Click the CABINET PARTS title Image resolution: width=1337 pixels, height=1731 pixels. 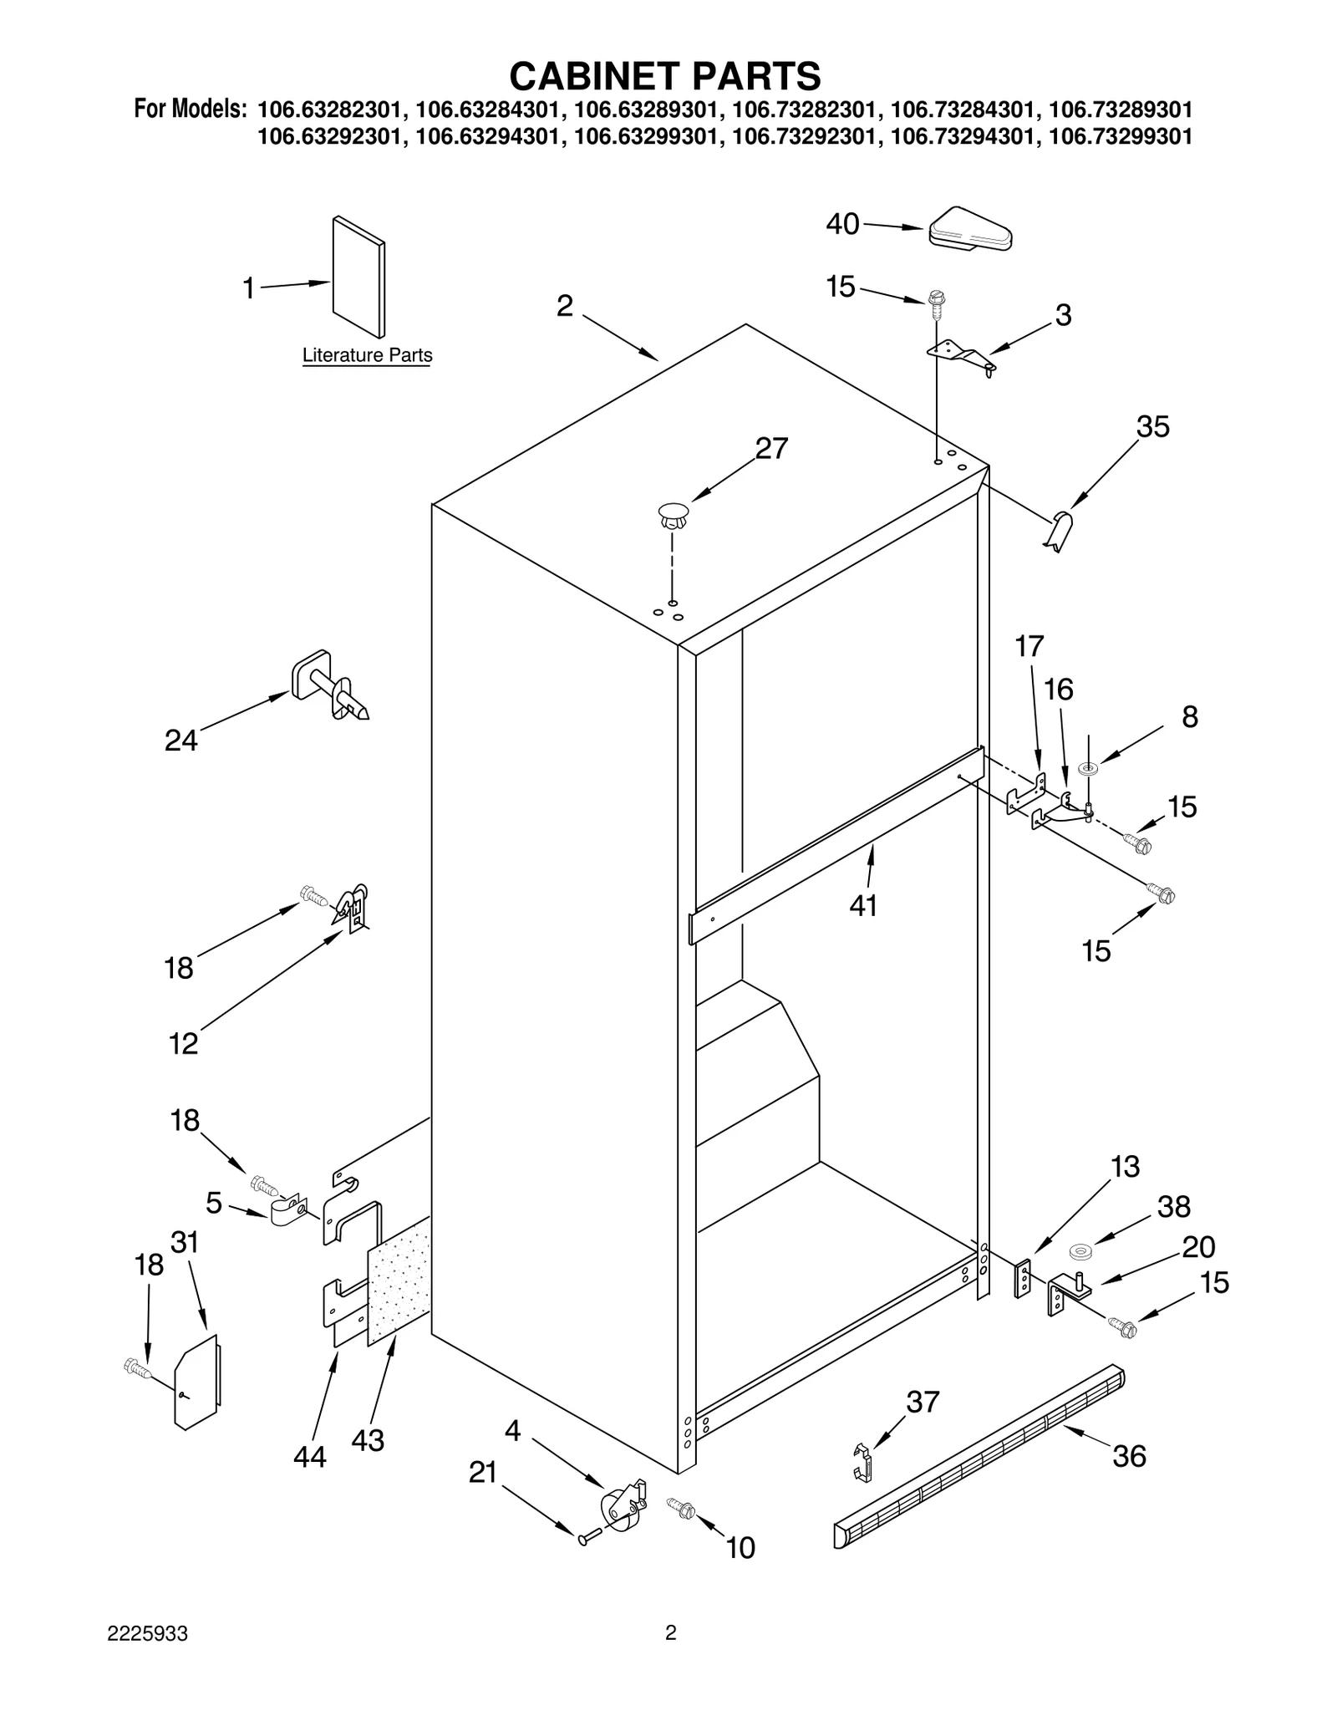click(x=665, y=76)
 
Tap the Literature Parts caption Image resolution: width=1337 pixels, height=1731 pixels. click(x=367, y=355)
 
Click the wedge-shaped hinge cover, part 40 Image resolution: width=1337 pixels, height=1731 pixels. click(x=970, y=228)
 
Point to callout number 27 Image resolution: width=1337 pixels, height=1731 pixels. click(x=770, y=449)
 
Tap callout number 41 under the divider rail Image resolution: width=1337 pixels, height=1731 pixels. click(x=863, y=905)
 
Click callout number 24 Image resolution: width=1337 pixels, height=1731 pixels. click(x=180, y=741)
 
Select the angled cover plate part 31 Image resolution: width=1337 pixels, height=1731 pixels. click(x=196, y=1380)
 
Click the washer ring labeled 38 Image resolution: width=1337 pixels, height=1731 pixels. click(x=1081, y=1252)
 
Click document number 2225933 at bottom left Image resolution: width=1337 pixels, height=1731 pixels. click(x=147, y=1634)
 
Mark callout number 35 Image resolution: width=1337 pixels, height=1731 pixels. click(x=1152, y=427)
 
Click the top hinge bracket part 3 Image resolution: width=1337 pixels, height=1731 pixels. click(x=962, y=354)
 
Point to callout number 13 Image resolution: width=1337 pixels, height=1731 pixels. click(x=1125, y=1166)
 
